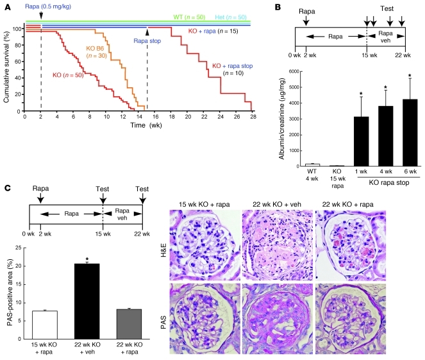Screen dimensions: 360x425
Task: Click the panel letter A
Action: pos(6,6)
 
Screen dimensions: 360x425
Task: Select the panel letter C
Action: pos(6,189)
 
